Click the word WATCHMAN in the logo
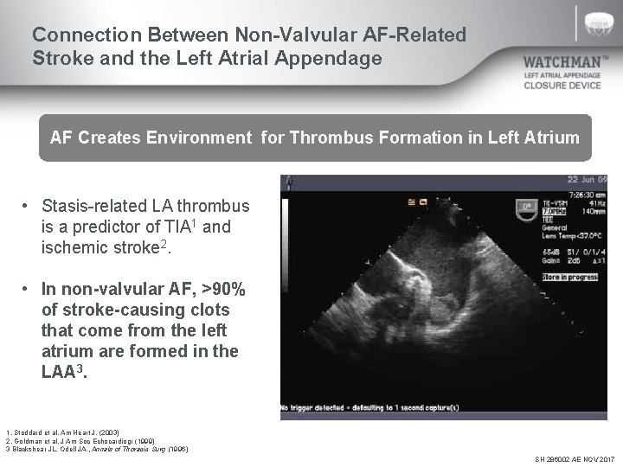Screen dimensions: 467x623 pyautogui.click(x=566, y=63)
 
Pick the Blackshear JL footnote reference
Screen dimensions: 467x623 pyautogui.click(x=95, y=449)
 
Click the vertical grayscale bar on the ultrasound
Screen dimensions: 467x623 pyautogui.click(x=288, y=285)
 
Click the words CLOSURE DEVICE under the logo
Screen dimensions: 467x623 pyautogui.click(x=562, y=86)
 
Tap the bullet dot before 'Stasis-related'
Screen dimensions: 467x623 pyautogui.click(x=28, y=207)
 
